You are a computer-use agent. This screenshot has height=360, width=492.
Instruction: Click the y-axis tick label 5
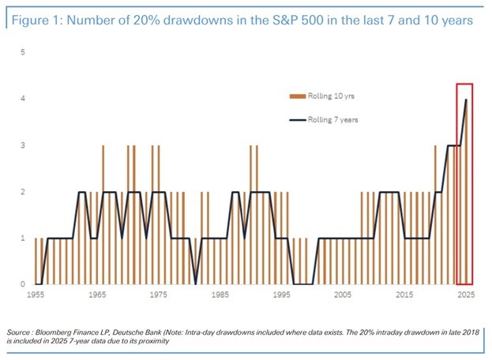click(23, 52)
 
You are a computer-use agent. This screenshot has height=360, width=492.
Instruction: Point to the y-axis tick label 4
click(23, 99)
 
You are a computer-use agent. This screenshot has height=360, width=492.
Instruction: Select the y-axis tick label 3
click(23, 145)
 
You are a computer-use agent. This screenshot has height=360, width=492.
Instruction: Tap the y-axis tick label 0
click(23, 284)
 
